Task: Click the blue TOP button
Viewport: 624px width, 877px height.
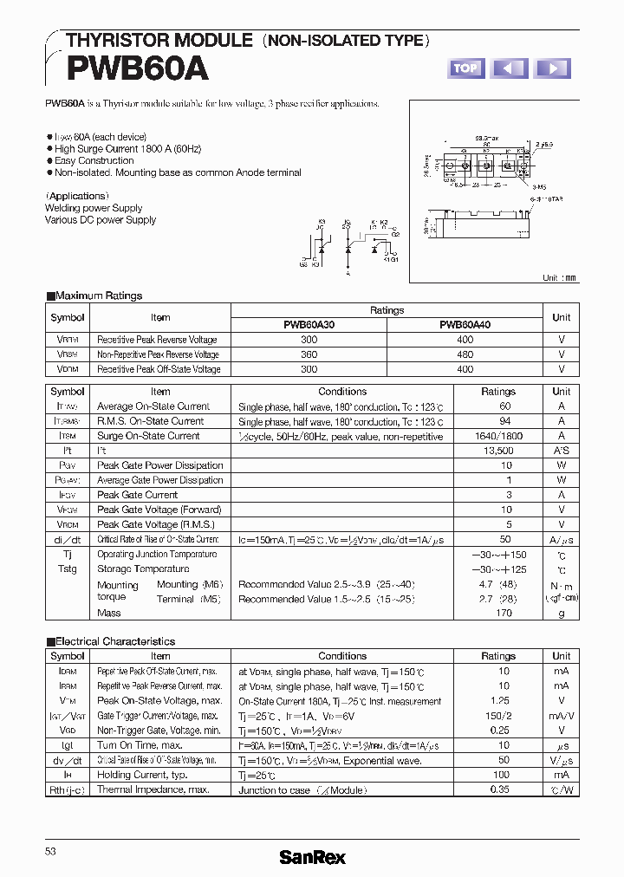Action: point(465,68)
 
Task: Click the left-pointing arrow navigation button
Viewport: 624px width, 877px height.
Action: point(510,68)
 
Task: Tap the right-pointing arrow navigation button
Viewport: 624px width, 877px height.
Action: point(552,68)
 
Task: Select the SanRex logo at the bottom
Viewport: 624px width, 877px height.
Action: point(312,857)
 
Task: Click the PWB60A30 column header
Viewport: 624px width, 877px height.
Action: point(309,325)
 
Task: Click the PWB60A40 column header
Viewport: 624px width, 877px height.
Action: point(465,325)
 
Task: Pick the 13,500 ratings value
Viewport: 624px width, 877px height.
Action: point(498,451)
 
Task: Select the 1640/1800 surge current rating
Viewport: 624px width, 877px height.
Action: point(498,436)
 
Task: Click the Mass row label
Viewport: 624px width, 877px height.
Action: point(109,613)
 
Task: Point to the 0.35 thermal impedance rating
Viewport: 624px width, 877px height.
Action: point(498,789)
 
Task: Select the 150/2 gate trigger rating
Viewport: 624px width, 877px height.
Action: point(498,716)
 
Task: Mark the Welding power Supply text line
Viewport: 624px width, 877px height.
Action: point(94,208)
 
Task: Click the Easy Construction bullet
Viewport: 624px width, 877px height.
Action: point(94,160)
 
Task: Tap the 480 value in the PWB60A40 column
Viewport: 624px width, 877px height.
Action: point(465,354)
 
